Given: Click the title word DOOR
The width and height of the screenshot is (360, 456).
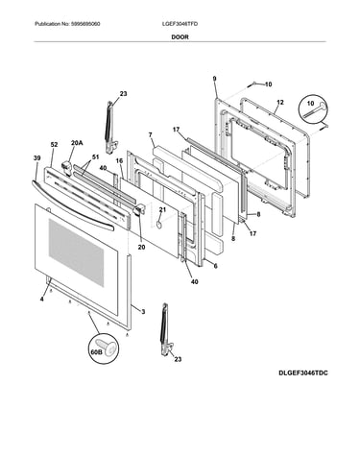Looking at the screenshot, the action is tap(180, 36).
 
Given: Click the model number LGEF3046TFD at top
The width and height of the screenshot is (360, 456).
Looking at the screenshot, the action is tap(180, 24).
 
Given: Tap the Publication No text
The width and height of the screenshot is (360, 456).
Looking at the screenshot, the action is tap(67, 24).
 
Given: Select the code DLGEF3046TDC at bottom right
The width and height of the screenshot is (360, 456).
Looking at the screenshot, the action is tap(303, 372).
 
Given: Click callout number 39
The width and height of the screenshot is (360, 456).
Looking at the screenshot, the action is tap(36, 157).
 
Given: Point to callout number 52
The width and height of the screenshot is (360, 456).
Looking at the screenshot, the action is tap(54, 145).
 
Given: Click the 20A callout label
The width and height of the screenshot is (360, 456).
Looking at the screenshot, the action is tap(77, 143).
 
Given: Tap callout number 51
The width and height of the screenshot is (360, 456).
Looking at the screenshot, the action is tap(95, 156).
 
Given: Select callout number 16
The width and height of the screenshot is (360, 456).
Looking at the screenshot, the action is tap(119, 160).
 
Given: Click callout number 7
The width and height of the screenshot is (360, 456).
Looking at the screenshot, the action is tap(150, 134).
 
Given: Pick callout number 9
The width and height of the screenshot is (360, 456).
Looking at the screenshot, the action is tap(214, 79).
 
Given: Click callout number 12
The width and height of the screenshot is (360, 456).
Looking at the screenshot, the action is tap(280, 103).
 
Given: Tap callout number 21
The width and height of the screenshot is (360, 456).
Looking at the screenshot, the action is tap(162, 209).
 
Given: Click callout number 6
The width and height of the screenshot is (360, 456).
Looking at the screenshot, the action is tap(215, 266).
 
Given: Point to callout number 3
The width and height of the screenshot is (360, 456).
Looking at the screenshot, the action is tap(143, 311).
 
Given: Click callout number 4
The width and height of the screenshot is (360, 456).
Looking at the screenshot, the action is tap(41, 300).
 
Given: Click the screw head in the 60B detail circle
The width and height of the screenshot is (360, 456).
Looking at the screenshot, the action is tap(110, 348).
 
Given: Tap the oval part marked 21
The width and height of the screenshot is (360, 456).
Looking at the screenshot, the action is tap(158, 226).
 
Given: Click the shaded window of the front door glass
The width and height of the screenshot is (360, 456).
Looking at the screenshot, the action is tap(76, 252).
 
